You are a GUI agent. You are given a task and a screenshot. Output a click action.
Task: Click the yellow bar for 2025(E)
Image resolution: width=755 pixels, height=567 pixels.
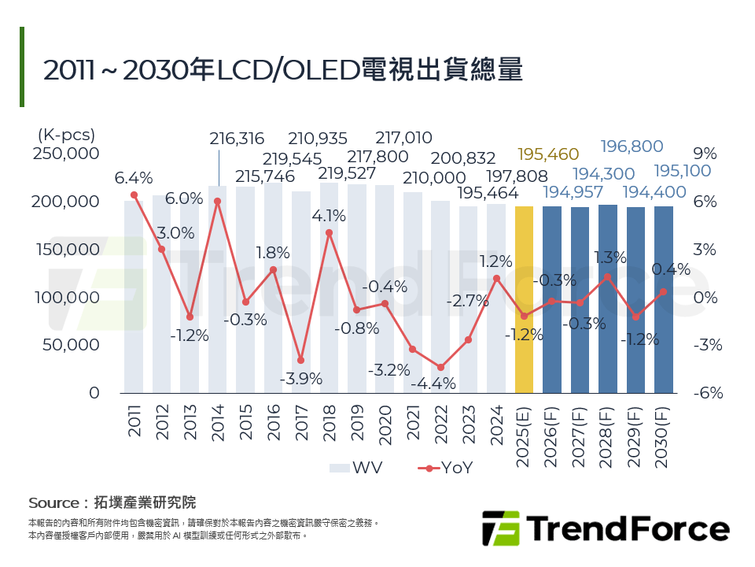[524, 299]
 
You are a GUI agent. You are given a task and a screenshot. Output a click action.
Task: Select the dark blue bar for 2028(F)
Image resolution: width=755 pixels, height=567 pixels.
[607, 298]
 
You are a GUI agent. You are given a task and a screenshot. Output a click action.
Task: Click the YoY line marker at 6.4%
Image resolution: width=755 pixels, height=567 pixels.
[134, 195]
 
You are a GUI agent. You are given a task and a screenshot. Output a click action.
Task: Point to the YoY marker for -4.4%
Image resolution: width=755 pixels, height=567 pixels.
[440, 368]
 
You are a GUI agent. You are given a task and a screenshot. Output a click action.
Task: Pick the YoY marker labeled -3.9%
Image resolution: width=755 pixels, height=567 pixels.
[301, 360]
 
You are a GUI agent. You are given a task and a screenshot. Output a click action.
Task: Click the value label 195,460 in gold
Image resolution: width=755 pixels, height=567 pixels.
[548, 154]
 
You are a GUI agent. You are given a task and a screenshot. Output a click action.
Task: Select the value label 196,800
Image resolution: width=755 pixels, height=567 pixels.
[632, 146]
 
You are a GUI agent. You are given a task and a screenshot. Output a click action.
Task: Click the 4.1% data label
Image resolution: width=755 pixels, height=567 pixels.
[329, 215]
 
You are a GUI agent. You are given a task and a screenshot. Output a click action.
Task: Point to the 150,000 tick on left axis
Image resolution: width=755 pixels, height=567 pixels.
[66, 250]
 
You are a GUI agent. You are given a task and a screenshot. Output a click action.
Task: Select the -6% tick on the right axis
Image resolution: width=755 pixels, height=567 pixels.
[707, 393]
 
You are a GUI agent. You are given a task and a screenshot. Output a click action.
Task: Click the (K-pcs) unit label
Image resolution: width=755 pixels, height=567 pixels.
[66, 135]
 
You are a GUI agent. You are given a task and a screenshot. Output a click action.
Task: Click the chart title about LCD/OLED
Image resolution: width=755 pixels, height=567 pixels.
[283, 69]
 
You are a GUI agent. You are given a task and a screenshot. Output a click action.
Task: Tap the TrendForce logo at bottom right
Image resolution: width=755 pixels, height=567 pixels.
[605, 528]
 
